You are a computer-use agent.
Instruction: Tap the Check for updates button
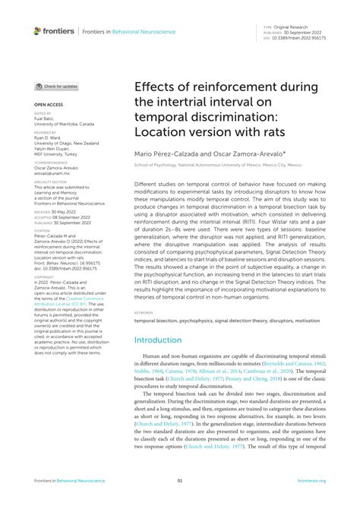56,87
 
